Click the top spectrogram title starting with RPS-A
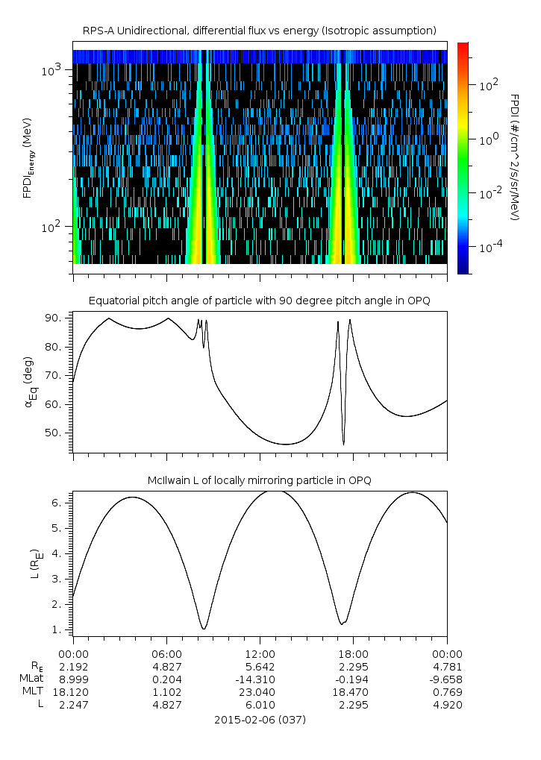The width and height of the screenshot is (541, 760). tap(259, 31)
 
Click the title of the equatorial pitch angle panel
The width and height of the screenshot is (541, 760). tap(259, 301)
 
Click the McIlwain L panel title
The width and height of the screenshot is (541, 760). tap(259, 480)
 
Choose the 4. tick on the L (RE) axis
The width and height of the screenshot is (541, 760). tap(63, 553)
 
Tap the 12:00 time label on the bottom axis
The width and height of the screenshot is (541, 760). tap(260, 653)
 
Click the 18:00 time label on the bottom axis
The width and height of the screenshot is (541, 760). tap(354, 653)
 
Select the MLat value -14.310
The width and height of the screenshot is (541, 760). tap(260, 679)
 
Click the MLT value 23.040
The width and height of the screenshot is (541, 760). tap(260, 692)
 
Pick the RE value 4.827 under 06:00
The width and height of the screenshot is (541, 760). tap(166, 666)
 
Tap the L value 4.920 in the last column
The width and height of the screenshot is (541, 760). tap(447, 705)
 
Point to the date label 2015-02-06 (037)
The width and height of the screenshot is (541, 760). tap(260, 720)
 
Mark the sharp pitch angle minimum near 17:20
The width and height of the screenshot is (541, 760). tap(344, 445)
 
